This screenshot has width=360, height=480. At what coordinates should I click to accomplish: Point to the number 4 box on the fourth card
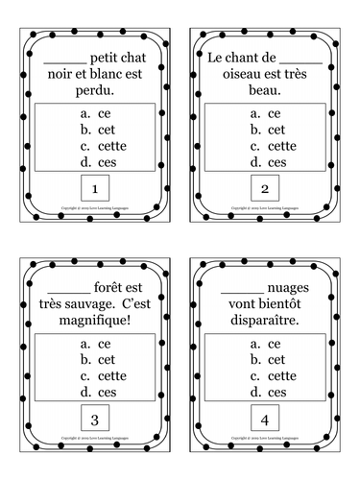click(264, 419)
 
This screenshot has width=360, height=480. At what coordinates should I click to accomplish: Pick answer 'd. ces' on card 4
click(265, 392)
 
